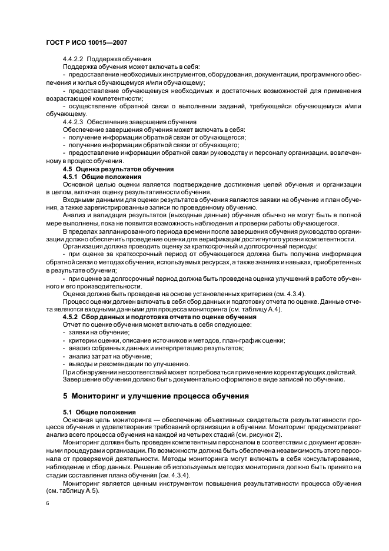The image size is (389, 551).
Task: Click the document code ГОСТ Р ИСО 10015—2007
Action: (87, 43)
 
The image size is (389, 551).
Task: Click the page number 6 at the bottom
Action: (48, 503)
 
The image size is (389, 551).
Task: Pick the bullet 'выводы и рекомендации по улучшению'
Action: (120, 364)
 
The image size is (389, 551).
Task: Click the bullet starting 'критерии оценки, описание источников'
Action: (177, 340)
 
